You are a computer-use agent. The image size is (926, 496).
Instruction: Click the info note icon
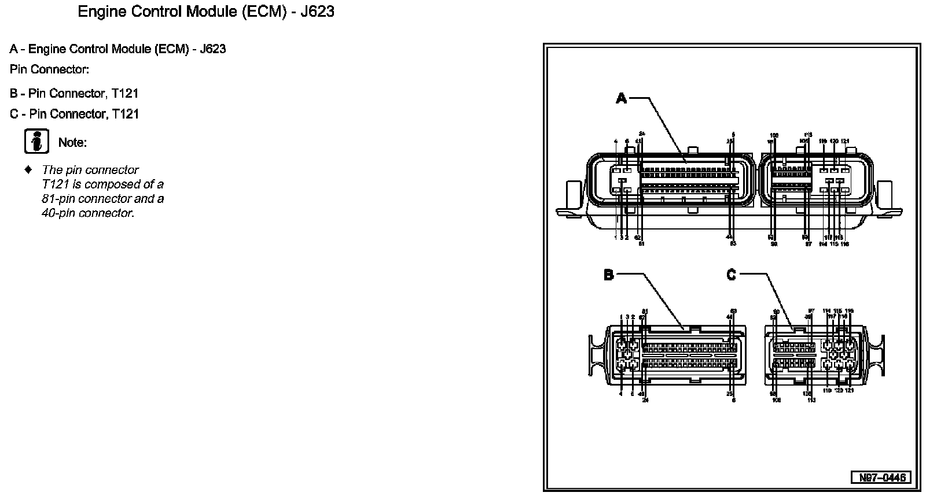[36, 142]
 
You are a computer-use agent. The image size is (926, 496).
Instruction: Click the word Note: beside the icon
[72, 142]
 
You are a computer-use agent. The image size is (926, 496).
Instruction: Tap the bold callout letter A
[621, 98]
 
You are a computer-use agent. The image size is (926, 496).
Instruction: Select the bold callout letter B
[608, 275]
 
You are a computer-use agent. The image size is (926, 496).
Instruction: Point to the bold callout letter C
[732, 275]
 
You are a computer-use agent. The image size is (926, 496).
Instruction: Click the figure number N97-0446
[880, 478]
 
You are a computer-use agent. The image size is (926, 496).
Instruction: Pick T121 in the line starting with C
[126, 114]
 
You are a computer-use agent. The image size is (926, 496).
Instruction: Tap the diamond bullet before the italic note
[27, 170]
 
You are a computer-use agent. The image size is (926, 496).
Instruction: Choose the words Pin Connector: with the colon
[49, 69]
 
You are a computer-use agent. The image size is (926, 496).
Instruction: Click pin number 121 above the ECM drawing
[845, 141]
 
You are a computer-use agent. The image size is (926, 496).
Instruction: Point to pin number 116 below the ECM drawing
[845, 244]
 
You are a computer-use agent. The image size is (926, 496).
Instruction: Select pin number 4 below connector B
[621, 394]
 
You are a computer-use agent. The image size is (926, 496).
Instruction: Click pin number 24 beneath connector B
[645, 399]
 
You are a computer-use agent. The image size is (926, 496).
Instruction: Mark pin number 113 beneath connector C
[811, 399]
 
